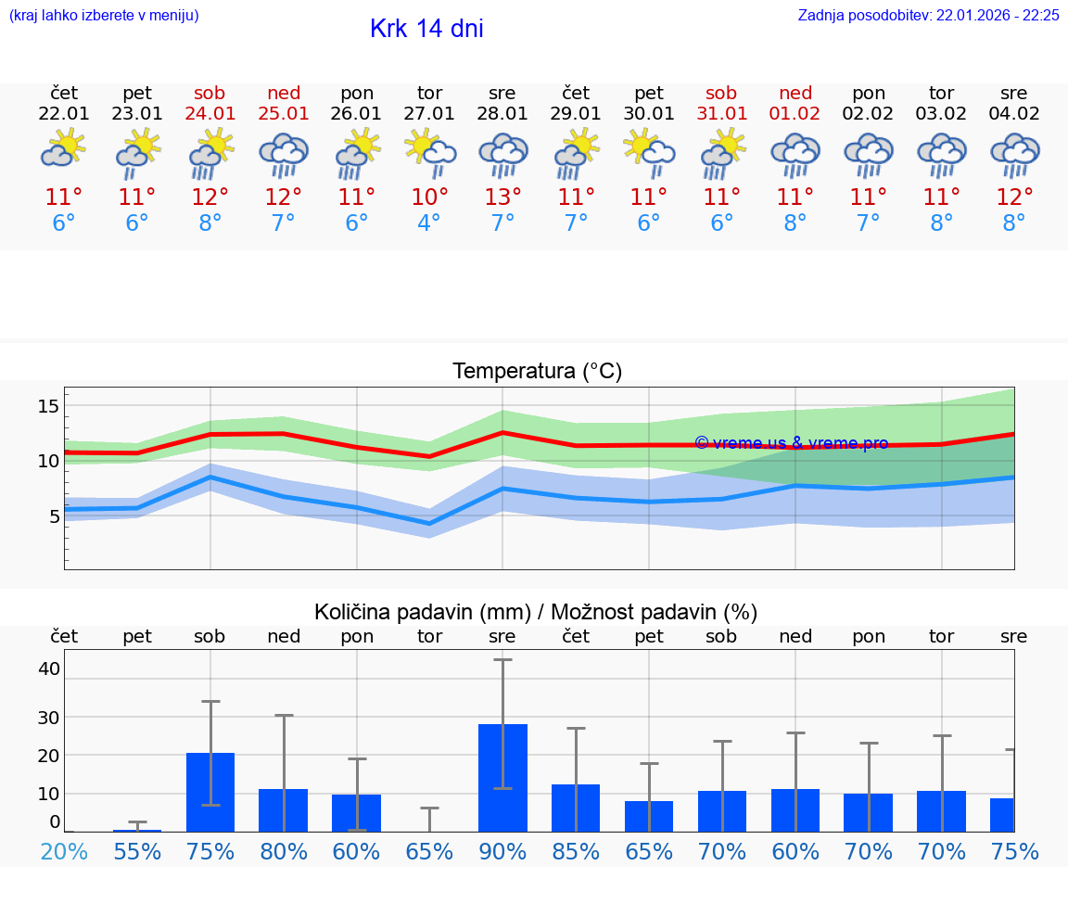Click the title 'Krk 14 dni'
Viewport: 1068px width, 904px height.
coord(426,29)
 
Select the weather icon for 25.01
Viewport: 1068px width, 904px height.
coord(283,155)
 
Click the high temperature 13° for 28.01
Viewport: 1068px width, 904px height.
coord(502,197)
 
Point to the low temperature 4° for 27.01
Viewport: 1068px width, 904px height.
coord(429,223)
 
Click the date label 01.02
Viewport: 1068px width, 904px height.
coord(795,114)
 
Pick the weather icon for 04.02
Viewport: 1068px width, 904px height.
coord(1014,155)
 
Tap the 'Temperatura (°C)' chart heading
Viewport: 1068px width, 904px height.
coord(537,372)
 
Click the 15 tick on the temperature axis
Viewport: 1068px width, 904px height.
coord(48,406)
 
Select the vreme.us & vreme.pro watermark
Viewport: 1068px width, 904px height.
coord(791,443)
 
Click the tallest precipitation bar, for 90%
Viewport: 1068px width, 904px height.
coord(502,777)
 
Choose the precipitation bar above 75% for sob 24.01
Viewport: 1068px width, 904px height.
coord(210,792)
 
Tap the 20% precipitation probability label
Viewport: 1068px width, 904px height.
coord(64,851)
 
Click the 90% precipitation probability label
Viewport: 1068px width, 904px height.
coord(502,851)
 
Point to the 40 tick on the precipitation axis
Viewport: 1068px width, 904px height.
coord(48,668)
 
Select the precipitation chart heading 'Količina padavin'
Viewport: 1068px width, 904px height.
coord(536,612)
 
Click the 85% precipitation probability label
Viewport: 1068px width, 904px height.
coord(576,851)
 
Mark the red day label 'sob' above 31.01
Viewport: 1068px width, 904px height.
coord(721,93)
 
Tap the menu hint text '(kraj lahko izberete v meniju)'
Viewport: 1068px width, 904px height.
coord(104,15)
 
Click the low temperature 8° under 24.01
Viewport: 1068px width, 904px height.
coord(210,223)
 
